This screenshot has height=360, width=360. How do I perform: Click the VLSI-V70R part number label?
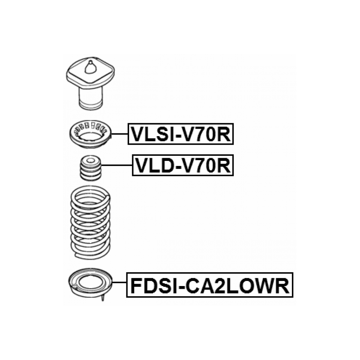coord(181,134)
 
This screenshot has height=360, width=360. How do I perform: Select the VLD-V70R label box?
coord(183,165)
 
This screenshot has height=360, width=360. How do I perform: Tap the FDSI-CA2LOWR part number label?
coord(210,285)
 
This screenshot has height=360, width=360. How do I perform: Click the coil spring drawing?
coord(90,222)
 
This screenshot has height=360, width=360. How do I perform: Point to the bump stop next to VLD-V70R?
coord(91,168)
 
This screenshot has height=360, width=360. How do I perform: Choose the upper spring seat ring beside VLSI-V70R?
coord(90,134)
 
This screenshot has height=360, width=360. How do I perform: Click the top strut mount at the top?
coord(90,83)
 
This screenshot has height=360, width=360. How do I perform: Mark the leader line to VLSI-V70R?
coord(120,134)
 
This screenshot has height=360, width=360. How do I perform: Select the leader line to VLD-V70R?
coord(116,165)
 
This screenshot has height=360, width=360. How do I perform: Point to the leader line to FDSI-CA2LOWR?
coord(119,282)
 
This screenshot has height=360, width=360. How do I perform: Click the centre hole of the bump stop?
coord(91,160)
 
